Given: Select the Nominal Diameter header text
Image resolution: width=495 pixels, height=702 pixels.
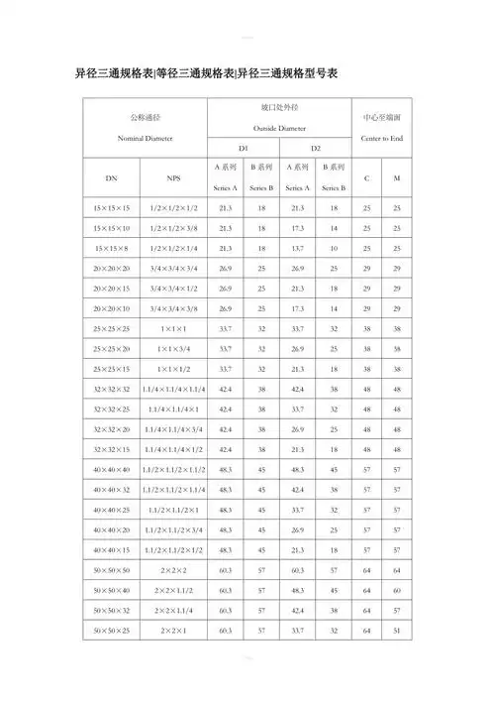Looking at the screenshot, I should click(x=140, y=138).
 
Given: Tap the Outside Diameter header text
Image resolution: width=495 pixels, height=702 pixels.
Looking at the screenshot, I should click(x=278, y=128).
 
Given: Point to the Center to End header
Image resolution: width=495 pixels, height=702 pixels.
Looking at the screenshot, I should click(x=381, y=137).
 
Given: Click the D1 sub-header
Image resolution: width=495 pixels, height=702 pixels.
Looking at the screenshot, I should click(x=244, y=148).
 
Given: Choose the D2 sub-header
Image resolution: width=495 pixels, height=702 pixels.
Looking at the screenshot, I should click(x=315, y=148).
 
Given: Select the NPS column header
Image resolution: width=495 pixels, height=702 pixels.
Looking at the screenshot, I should click(x=174, y=177).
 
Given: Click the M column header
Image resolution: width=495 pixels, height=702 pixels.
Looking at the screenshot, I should click(x=397, y=177).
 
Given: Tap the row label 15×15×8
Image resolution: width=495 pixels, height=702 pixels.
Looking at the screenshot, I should click(x=111, y=248).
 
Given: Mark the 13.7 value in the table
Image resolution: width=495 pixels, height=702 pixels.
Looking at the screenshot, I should click(x=297, y=248).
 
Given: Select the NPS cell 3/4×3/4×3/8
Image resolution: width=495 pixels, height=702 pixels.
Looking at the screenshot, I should click(x=174, y=307).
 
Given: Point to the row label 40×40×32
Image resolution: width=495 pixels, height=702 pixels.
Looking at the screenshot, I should click(x=111, y=489).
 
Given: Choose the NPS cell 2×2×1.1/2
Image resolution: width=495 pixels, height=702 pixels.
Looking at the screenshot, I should click(x=174, y=590).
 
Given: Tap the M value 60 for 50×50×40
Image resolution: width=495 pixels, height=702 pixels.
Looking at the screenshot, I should click(x=397, y=590).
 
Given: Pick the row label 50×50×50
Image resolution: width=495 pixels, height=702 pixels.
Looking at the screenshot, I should click(x=111, y=570).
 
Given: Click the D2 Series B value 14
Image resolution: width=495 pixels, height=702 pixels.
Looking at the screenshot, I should click(x=334, y=307).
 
